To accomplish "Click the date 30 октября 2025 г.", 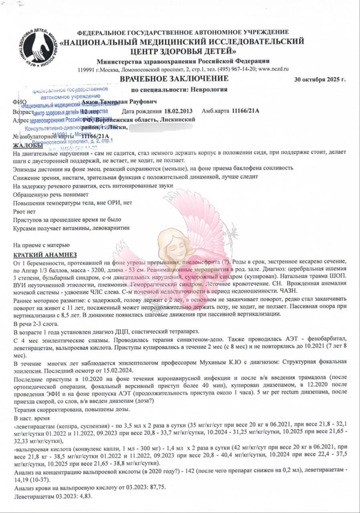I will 319,79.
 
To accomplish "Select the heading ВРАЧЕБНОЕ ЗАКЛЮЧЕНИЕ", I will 180,78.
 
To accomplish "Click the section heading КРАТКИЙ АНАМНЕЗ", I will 45,255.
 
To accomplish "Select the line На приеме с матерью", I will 41,244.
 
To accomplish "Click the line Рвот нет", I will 24,212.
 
